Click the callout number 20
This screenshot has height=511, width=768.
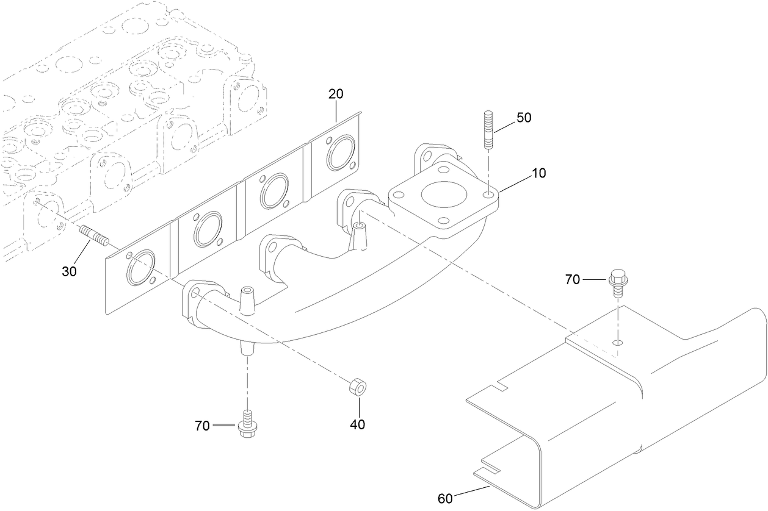coord(336,94)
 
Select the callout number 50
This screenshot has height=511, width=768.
coord(524,118)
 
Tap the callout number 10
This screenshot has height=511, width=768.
coord(538,173)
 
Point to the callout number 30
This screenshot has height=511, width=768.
coord(69,271)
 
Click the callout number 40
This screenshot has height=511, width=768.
coord(357,424)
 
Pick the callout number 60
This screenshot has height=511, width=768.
coord(446,499)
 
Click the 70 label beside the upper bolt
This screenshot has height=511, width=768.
coord(572,280)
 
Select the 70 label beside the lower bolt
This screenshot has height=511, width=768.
coord(203,426)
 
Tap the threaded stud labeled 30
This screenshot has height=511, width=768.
coord(93,235)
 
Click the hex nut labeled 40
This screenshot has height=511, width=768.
coord(357,387)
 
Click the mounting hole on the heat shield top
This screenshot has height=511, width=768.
coord(618,343)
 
